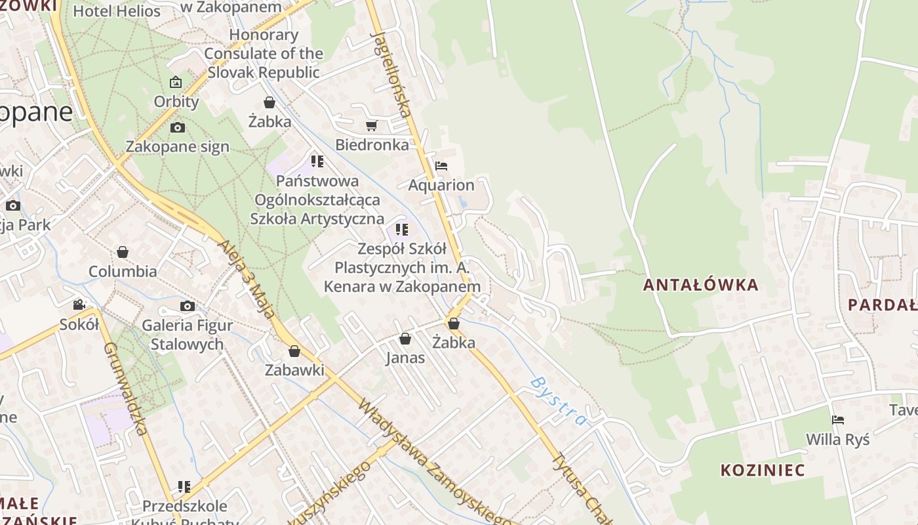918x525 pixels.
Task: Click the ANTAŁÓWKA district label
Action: pyautogui.click(x=700, y=285)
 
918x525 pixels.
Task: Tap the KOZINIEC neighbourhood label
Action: pyautogui.click(x=763, y=470)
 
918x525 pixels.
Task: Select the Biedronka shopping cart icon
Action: pyautogui.click(x=372, y=125)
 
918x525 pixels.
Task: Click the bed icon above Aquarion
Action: pyautogui.click(x=441, y=166)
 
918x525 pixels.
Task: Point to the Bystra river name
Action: pyautogui.click(x=558, y=400)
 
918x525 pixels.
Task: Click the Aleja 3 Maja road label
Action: pyautogui.click(x=247, y=278)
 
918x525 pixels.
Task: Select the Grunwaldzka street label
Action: pyautogui.click(x=125, y=388)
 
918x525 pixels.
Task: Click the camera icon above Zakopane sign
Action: pyautogui.click(x=177, y=128)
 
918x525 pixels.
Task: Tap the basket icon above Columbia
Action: pyautogui.click(x=123, y=252)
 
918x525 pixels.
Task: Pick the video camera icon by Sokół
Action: pyautogui.click(x=79, y=305)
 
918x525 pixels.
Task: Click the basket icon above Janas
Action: pyautogui.click(x=405, y=339)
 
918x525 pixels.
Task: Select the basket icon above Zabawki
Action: pyautogui.click(x=294, y=351)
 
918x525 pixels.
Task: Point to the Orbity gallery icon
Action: pyautogui.click(x=176, y=83)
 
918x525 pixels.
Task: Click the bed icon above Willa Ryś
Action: pyautogui.click(x=837, y=420)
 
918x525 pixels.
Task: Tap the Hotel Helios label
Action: pyautogui.click(x=117, y=11)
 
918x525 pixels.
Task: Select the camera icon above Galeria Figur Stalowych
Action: pyautogui.click(x=188, y=306)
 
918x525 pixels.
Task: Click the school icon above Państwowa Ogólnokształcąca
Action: pyautogui.click(x=317, y=161)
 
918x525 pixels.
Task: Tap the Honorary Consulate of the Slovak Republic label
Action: pyautogui.click(x=264, y=53)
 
